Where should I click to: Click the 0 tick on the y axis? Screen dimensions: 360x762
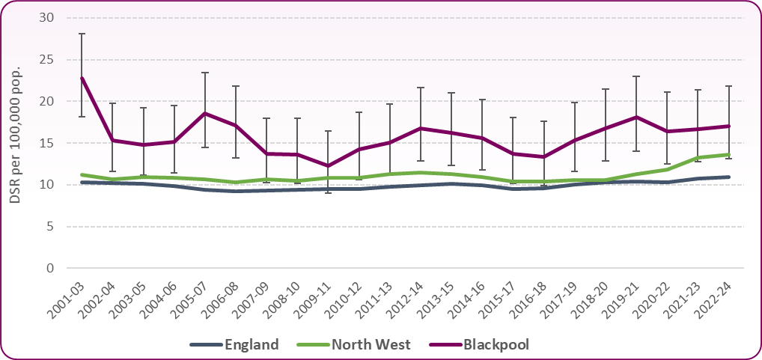pos(50,268)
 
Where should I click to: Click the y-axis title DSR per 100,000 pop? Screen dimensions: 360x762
pos(16,142)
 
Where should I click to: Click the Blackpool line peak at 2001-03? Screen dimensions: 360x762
pos(82,77)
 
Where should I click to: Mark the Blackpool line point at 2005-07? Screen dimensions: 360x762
pos(205,113)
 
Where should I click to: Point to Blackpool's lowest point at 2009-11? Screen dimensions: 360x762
pos(328,165)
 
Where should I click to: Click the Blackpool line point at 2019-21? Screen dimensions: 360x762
pos(635,117)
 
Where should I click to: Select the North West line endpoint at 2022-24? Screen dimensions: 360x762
pos(728,154)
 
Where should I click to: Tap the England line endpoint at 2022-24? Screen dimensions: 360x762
pos(728,177)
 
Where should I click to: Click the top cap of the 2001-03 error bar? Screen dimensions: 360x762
pos(82,34)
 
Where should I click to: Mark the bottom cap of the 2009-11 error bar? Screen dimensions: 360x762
pos(328,193)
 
